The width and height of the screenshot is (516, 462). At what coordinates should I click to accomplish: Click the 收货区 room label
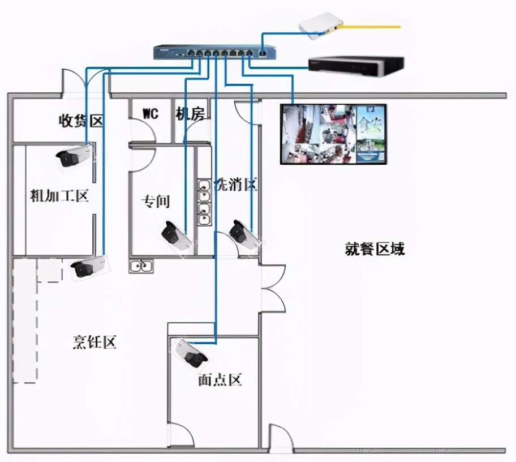point(81,121)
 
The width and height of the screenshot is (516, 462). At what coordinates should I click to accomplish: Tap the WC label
point(150,114)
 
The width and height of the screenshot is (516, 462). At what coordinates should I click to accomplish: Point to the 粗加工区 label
point(59,196)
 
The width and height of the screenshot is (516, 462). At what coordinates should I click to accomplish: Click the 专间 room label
point(155,201)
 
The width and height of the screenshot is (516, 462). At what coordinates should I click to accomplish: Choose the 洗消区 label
point(235,185)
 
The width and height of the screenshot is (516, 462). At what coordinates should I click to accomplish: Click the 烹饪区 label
point(94,342)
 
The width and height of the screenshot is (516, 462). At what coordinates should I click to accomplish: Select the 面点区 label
point(220,380)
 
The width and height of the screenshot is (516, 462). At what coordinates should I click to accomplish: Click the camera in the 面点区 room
point(190,352)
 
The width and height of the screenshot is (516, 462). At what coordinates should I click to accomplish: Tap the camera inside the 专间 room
point(177,235)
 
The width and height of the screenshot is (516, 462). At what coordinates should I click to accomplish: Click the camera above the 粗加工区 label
point(73,156)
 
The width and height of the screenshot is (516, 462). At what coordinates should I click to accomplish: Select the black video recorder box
point(355,66)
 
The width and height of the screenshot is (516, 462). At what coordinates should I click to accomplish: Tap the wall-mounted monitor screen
point(334,134)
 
